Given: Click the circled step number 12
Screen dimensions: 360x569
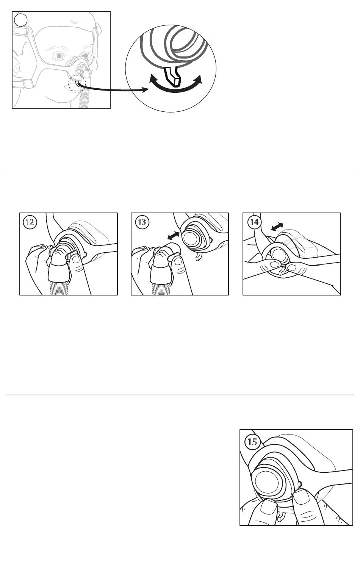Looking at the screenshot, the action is coord(30,222).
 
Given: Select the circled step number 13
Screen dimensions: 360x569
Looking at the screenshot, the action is coord(142,222).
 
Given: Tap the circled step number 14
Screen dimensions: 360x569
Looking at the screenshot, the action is coord(254,222).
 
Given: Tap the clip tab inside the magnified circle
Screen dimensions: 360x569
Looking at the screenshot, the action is coord(172,77).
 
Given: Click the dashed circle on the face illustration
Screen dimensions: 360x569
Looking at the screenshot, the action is coord(77,84).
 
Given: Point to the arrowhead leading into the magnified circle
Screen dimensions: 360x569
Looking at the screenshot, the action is coord(145,90).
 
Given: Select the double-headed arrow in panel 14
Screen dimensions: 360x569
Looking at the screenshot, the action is coord(277,227).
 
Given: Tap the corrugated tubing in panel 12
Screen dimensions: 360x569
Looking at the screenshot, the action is coord(59,288).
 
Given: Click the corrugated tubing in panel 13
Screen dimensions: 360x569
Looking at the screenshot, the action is coord(161,288).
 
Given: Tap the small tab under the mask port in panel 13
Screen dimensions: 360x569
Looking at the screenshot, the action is coord(198,257).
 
